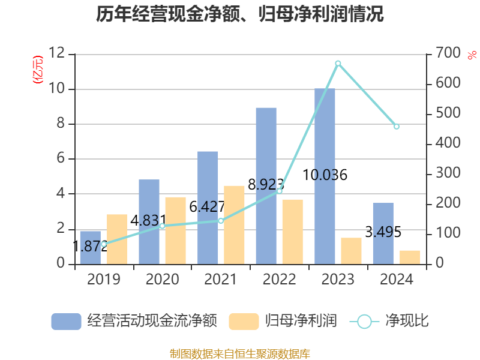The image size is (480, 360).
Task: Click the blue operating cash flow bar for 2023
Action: click(325, 180)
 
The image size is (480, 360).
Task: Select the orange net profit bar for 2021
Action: click(234, 225)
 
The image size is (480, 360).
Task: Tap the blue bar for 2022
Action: click(266, 186)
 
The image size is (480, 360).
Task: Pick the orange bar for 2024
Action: click(410, 257)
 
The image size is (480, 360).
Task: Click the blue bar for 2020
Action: click(149, 222)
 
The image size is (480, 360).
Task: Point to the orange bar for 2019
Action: click(117, 239)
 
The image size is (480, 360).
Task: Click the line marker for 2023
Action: click(338, 63)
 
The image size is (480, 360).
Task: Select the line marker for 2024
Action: click(397, 127)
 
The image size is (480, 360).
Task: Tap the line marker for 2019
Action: click(103, 244)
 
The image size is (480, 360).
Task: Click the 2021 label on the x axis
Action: click(221, 280)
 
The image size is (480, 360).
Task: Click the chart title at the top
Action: click(240, 14)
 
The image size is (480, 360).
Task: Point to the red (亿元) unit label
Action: click(37, 70)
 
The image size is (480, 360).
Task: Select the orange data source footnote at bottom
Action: click(240, 353)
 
